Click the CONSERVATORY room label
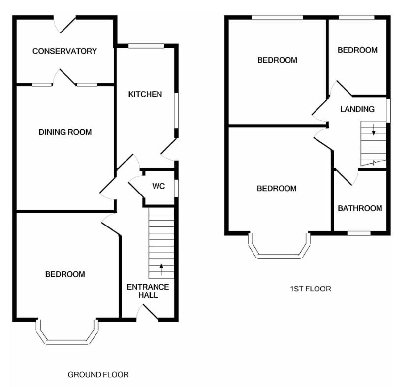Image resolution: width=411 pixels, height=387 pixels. [65, 51]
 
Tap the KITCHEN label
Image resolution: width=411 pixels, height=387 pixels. [145, 94]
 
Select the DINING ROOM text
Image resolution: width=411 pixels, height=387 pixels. [65, 132]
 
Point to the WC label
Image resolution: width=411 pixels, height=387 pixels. [158, 186]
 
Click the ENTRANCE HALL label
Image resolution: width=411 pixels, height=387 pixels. [148, 291]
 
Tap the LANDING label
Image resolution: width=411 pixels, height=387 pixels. [357, 109]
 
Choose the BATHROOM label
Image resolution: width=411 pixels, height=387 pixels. [360, 208]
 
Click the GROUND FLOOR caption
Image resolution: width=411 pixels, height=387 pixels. [98, 375]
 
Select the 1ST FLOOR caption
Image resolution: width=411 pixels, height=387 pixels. [311, 289]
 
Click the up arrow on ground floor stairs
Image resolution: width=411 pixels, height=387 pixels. [161, 269]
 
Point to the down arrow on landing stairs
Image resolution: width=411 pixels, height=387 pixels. [374, 130]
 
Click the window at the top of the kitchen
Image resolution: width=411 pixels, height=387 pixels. [146, 46]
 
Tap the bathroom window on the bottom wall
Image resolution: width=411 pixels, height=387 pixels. [359, 233]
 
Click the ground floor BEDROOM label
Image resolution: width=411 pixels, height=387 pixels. [65, 274]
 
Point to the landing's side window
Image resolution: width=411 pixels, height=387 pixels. [388, 110]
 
